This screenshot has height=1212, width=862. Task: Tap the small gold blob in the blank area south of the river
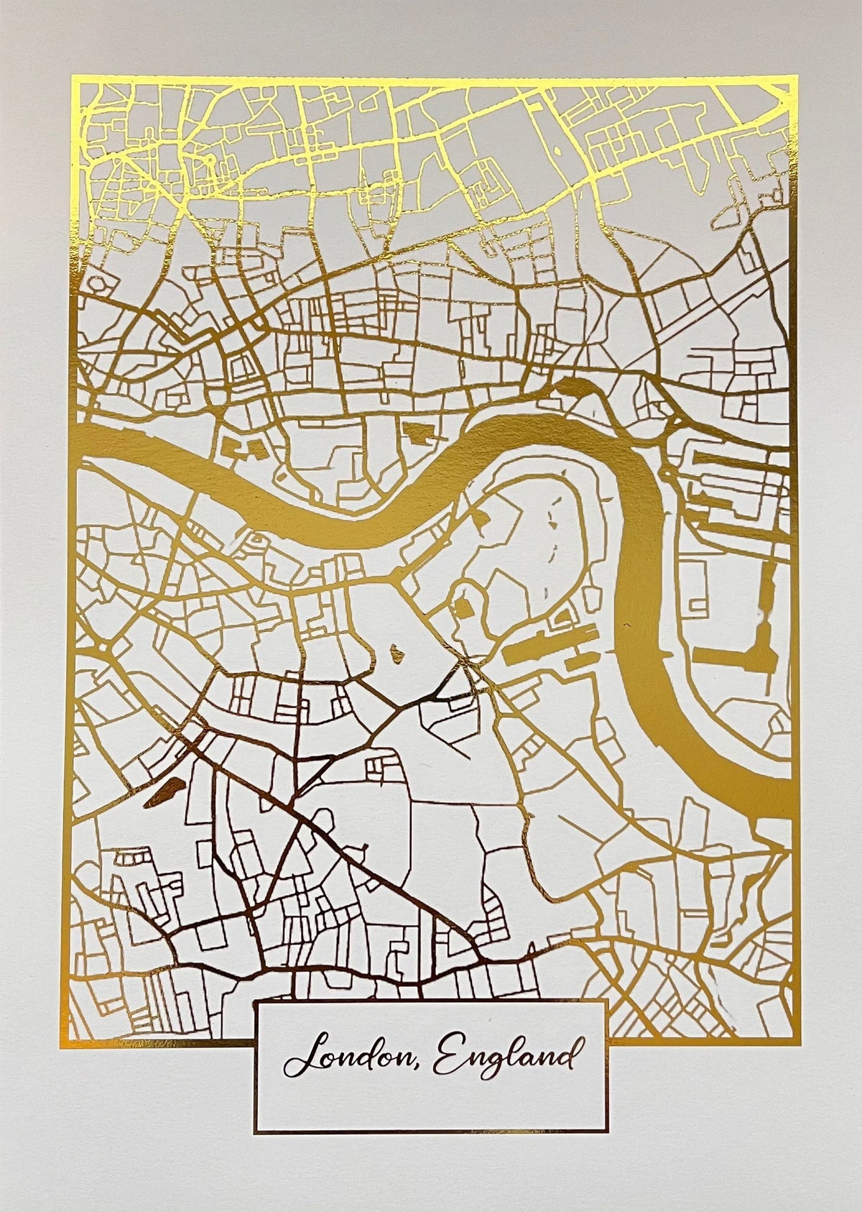[x=395, y=653]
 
